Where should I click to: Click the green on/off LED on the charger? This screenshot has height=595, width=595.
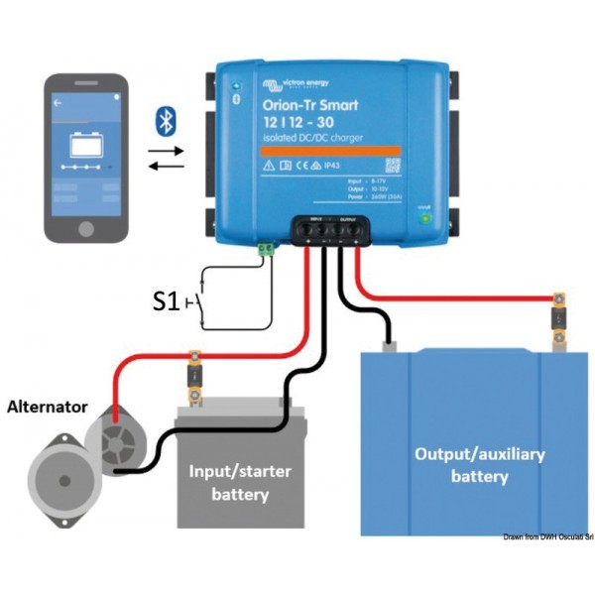(x=425, y=219)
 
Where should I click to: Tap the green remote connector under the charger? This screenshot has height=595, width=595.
(x=266, y=251)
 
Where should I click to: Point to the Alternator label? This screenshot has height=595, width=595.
(x=49, y=407)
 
